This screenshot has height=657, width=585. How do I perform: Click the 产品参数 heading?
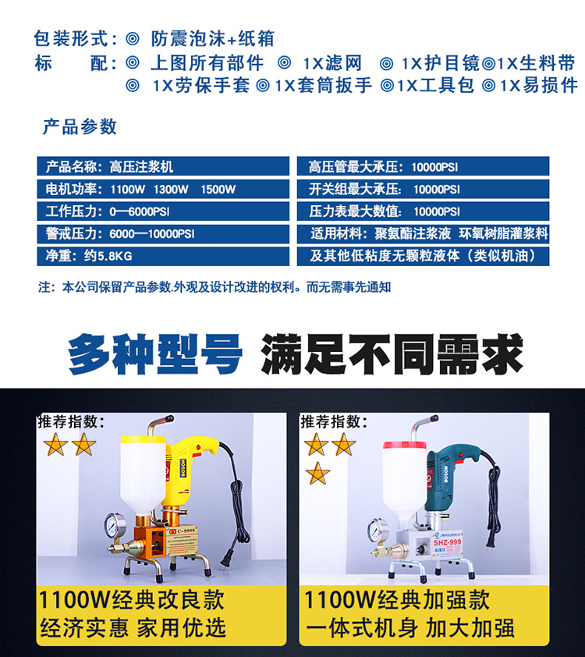[x=80, y=126]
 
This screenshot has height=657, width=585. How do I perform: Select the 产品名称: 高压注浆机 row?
[x=163, y=166]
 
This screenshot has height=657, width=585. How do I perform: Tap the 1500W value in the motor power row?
[x=218, y=190]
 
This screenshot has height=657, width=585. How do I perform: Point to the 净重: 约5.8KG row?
[x=163, y=256]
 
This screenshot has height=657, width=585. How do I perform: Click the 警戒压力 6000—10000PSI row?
[x=163, y=233]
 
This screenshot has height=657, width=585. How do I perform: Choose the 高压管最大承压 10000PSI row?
[x=423, y=166]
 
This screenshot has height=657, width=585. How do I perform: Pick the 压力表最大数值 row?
[x=423, y=211]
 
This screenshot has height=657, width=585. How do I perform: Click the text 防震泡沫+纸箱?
[x=212, y=38]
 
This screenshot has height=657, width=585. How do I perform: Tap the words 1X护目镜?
[x=441, y=63]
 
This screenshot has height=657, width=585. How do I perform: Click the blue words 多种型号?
[x=155, y=354]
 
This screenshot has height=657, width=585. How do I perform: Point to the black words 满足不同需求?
[x=392, y=354]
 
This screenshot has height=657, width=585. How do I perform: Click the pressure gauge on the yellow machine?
[x=115, y=524]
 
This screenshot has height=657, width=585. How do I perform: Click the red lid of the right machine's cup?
[x=405, y=446]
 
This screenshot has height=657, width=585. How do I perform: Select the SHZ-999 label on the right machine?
[x=447, y=542]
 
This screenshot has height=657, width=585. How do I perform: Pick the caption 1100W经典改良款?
[x=132, y=599]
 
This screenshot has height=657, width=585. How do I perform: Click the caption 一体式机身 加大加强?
[x=410, y=628]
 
